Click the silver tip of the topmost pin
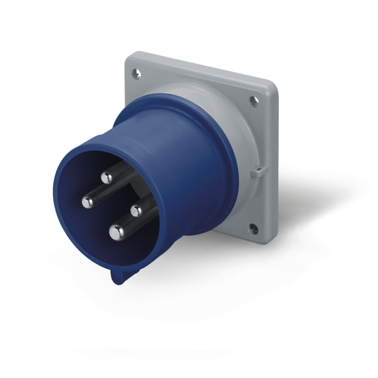(106, 178)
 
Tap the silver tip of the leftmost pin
(87, 202)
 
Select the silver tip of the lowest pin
(116, 232)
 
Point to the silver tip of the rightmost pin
(137, 209)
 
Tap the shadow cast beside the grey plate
(307, 198)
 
